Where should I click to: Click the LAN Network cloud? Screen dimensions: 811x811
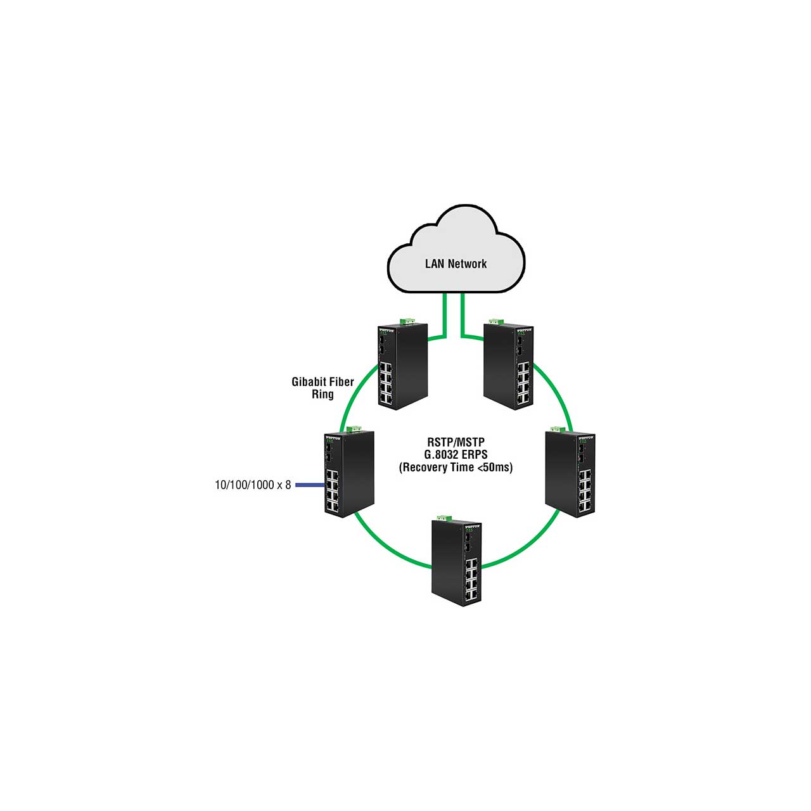(x=456, y=250)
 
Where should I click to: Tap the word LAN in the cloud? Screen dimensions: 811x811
(x=435, y=264)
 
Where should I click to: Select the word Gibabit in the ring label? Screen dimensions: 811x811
(x=308, y=382)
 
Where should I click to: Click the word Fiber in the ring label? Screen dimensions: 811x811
(x=341, y=381)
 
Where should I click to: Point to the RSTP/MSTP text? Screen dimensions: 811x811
(x=456, y=442)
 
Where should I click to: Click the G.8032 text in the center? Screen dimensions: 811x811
(x=440, y=454)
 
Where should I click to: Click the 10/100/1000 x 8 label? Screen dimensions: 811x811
(x=253, y=485)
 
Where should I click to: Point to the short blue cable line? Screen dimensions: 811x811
(x=310, y=485)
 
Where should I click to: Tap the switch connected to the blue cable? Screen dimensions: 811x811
(x=349, y=474)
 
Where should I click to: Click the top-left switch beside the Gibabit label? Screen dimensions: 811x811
(x=402, y=366)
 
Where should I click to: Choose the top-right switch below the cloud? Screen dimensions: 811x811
(x=508, y=366)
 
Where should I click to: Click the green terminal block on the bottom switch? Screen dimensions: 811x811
(x=444, y=517)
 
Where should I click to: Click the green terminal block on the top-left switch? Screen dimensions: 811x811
(x=407, y=321)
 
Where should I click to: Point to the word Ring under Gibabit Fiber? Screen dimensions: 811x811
(x=322, y=394)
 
